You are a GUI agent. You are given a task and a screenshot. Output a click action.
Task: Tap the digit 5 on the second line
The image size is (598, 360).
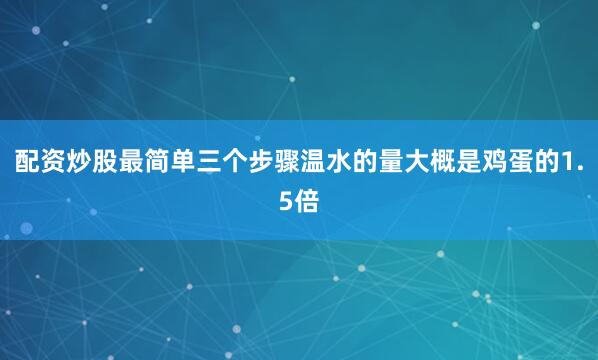click(286, 201)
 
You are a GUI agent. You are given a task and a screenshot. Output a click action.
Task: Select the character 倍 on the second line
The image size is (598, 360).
click(307, 201)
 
